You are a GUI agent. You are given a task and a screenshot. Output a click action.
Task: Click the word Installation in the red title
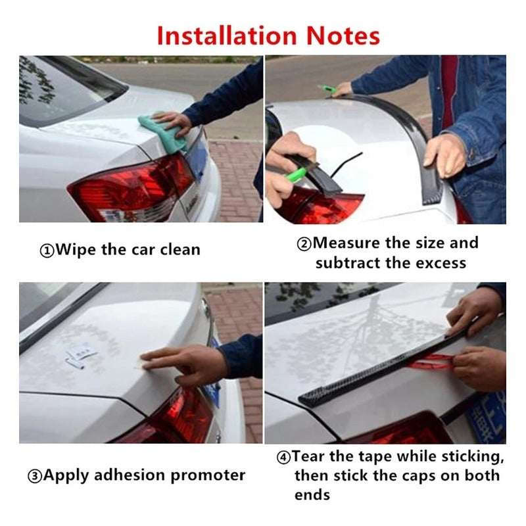(227, 36)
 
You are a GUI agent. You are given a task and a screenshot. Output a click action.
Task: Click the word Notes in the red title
(343, 36)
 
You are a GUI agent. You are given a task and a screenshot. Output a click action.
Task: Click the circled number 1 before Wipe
(47, 251)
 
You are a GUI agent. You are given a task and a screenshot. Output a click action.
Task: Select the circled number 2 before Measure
(304, 244)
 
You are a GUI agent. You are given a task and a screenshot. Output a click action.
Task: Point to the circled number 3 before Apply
(35, 476)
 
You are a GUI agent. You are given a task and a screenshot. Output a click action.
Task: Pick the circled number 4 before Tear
(283, 457)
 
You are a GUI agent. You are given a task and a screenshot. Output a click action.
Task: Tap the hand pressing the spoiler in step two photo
(443, 155)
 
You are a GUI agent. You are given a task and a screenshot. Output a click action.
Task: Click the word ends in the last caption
(312, 495)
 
